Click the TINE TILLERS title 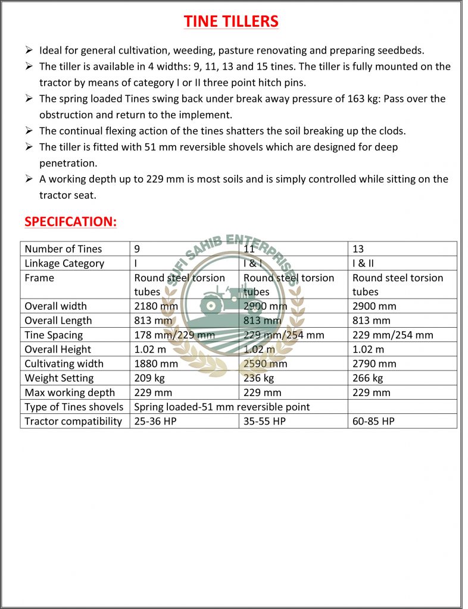pos(231,21)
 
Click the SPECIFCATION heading pos(70,222)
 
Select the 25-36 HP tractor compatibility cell pos(155,421)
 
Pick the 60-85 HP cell pos(373,421)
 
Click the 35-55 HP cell pos(264,421)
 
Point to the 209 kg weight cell pos(149,378)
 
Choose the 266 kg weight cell pos(367,378)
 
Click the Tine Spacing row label pos(54,335)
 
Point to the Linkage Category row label pos(64,263)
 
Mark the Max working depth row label pos(70,393)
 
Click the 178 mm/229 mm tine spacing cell pos(174,335)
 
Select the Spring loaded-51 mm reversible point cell pos(222,407)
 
